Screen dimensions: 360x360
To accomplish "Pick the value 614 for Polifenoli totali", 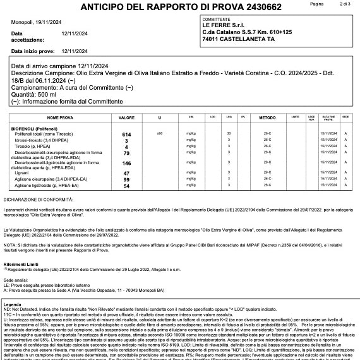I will [126, 135].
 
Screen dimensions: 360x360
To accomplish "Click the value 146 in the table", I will [126, 163].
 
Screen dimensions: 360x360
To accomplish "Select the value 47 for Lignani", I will [126, 173].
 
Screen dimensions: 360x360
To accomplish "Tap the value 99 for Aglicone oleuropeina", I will [126, 179].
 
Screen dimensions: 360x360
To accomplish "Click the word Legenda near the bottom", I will [13, 304].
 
